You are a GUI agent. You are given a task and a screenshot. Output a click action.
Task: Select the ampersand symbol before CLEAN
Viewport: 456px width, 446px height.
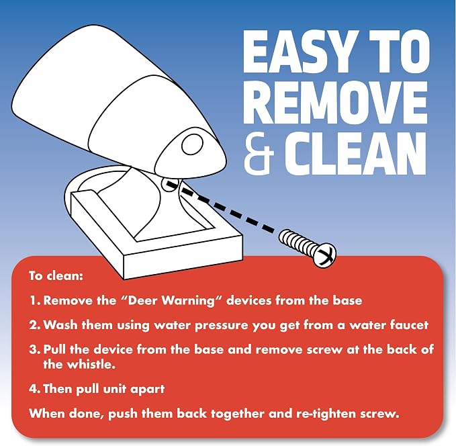259,154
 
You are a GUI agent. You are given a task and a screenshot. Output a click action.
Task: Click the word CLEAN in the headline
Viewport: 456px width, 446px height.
355,154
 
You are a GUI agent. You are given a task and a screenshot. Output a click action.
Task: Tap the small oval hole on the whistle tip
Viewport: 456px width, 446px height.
192,144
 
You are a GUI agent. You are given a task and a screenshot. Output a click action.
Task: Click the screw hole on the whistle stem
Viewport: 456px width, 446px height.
169,185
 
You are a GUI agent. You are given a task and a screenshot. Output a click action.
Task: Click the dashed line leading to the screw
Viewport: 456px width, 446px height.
220,208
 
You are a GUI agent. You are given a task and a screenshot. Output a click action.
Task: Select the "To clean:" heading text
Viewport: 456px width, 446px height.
56,275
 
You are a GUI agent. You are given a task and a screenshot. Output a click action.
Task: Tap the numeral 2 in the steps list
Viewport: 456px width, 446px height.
34,324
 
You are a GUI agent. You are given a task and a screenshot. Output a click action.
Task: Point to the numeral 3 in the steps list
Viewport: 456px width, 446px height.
34,349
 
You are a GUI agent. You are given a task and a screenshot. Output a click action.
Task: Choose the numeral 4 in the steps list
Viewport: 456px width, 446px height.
34,388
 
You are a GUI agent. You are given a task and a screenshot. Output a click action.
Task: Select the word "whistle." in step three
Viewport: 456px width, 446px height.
79,364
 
